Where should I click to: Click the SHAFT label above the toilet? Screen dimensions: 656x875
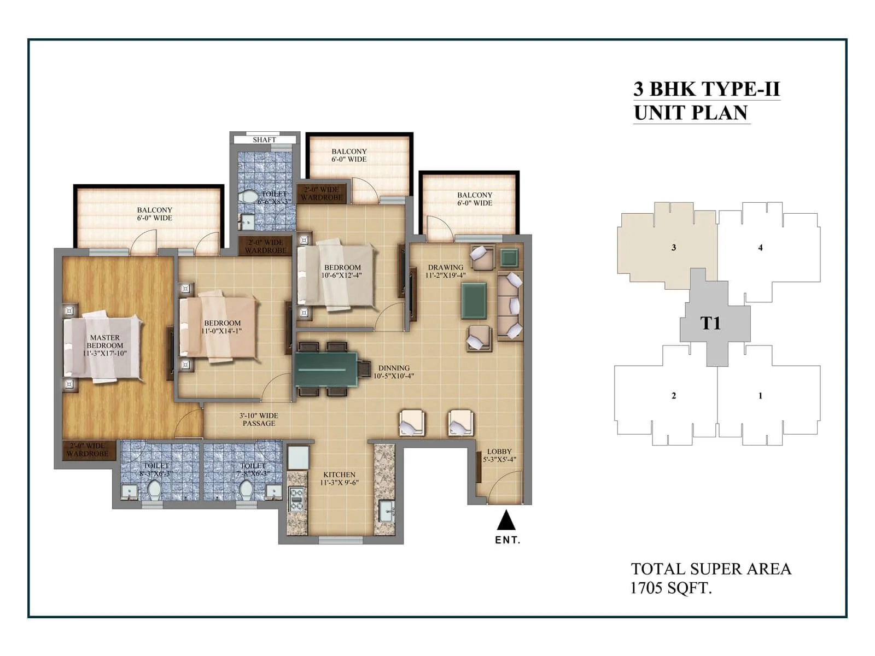pos(264,140)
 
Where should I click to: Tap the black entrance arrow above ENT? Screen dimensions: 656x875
pos(506,520)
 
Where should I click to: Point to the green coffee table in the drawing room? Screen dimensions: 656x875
pos(474,301)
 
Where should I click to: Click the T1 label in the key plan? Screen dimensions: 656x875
pos(710,324)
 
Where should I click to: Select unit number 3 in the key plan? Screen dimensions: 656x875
pos(674,248)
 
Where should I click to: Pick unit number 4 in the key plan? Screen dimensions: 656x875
pos(760,248)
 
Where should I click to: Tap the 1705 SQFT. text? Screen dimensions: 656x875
pos(671,588)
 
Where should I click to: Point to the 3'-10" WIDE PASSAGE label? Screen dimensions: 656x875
pos(259,419)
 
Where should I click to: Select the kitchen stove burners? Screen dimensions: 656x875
pos(296,499)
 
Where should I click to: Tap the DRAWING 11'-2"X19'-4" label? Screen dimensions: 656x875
pos(446,271)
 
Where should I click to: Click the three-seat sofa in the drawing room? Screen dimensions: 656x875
pos(510,306)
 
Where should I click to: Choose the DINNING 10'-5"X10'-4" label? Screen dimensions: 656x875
pos(394,372)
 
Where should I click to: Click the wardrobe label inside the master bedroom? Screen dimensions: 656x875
pos(87,450)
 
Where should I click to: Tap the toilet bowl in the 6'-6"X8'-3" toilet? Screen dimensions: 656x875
pos(250,197)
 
